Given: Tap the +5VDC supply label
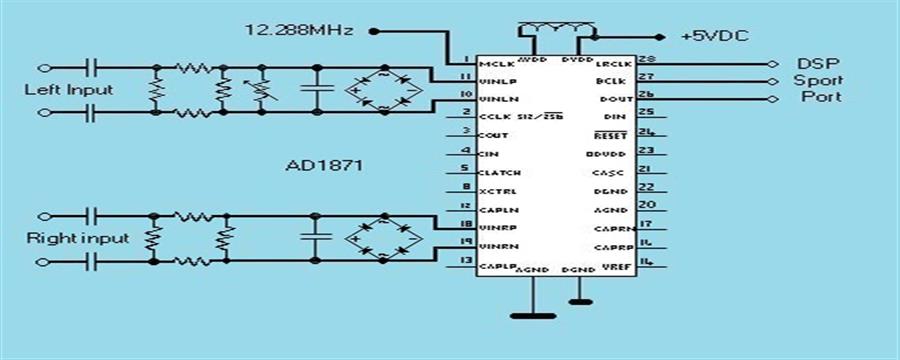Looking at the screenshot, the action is tap(716, 35).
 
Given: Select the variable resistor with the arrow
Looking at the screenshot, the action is tap(262, 90).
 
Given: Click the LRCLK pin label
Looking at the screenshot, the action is tap(609, 63).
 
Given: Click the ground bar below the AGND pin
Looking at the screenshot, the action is tap(532, 316).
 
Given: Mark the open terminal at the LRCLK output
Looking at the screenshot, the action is tap(771, 63).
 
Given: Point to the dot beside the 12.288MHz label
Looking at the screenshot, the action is tap(373, 31).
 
